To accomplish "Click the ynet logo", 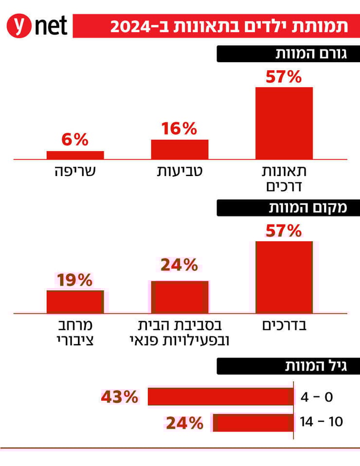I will tap(37, 25).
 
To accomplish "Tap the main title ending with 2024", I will tap(229, 26).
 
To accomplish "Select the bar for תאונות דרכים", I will tap(284, 123).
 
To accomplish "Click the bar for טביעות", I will tap(180, 149).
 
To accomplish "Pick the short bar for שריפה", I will tap(75, 155).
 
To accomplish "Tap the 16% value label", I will tap(179, 129).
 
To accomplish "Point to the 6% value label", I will tap(75, 140).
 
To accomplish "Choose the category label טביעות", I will tap(179, 172).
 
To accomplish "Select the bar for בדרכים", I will tap(284, 277).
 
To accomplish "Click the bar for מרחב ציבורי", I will tap(75, 302).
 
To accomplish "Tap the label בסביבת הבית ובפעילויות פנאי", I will tap(180, 332).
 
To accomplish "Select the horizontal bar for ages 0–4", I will tap(220, 396).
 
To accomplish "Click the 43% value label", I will tap(120, 397).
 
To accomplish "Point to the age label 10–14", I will tap(322, 422).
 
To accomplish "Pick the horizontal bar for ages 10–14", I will tap(253, 423).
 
